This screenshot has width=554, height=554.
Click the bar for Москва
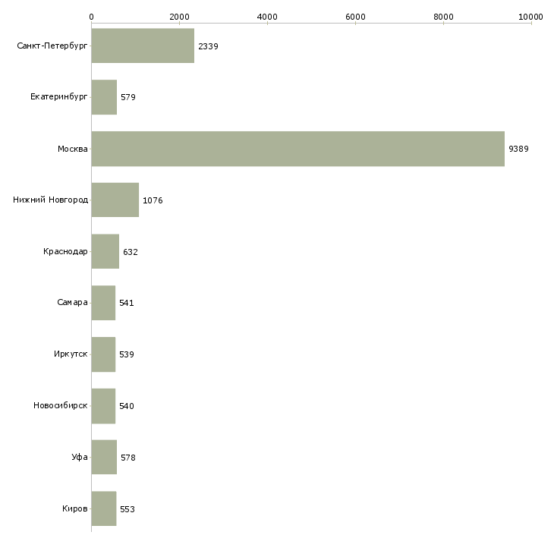pyautogui.click(x=297, y=149)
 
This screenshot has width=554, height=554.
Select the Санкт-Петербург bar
pyautogui.click(x=143, y=46)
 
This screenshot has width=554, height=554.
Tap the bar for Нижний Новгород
pyautogui.click(x=115, y=200)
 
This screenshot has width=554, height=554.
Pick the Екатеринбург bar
pyautogui.click(x=104, y=97)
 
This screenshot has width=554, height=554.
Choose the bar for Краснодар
pyautogui.click(x=105, y=251)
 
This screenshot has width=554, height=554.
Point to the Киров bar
pyautogui.click(x=104, y=508)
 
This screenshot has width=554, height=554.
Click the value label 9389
pyautogui.click(x=518, y=149)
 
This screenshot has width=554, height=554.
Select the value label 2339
pyautogui.click(x=208, y=46)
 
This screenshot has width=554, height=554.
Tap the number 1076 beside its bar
pyautogui.click(x=153, y=200)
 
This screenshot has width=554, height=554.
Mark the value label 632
pyautogui.click(x=131, y=252)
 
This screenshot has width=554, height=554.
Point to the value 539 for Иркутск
pyautogui.click(x=127, y=354)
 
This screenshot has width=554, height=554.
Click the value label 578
pyautogui.click(x=128, y=458)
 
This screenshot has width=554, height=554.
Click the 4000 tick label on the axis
pyautogui.click(x=267, y=17)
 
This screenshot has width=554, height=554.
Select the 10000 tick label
pyautogui.click(x=530, y=17)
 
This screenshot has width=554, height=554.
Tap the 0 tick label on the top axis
pyautogui.click(x=92, y=17)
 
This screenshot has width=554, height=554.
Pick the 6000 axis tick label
pyautogui.click(x=355, y=17)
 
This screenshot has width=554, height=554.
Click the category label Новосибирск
pyautogui.click(x=61, y=405)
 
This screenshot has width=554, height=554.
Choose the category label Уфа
pyautogui.click(x=80, y=457)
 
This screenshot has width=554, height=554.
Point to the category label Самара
pyautogui.click(x=72, y=303)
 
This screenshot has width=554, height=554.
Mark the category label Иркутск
pyautogui.click(x=71, y=354)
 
